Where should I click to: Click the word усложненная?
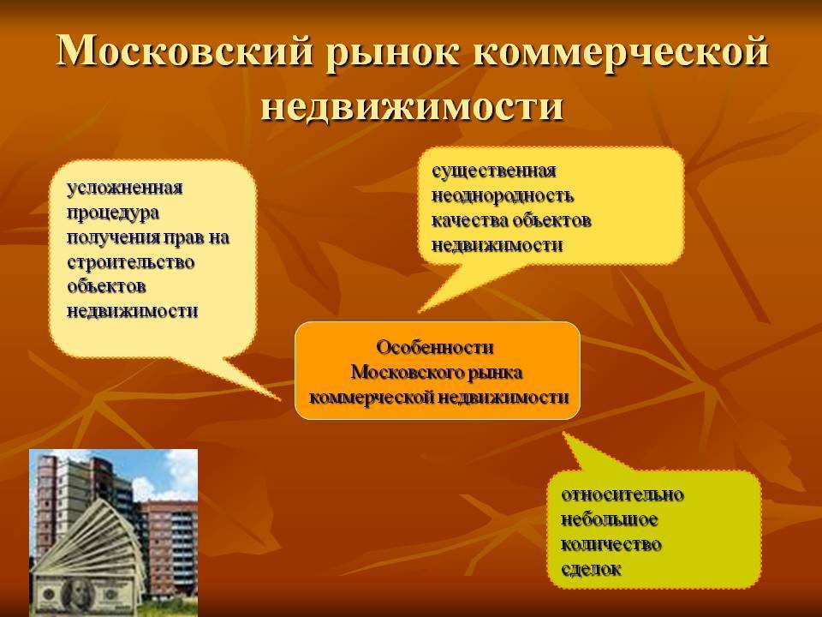(125, 188)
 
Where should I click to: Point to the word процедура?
(113, 213)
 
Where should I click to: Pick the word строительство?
(130, 262)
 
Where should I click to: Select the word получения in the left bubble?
(113, 238)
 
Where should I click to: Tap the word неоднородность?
(503, 196)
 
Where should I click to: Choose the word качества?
(469, 220)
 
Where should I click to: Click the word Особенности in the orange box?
(435, 347)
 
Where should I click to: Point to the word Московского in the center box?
(402, 372)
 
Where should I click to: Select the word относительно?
(622, 494)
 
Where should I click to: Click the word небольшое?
(609, 519)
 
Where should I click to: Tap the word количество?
(611, 544)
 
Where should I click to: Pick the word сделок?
(591, 569)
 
